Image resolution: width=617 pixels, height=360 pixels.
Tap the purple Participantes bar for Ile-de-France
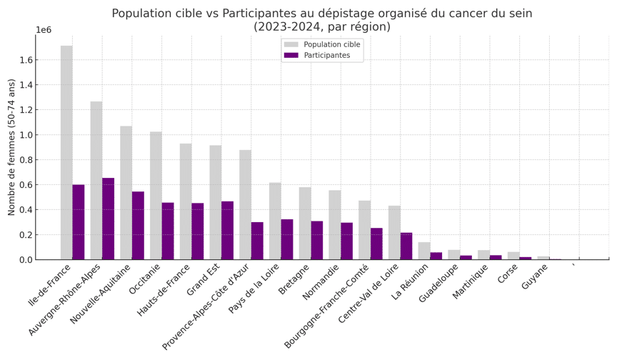pyautogui.click(x=79, y=222)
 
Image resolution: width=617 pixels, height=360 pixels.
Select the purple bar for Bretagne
pyautogui.click(x=317, y=240)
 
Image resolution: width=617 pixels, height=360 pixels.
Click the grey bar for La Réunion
pyautogui.click(x=424, y=251)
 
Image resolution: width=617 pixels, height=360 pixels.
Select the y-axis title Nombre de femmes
pyautogui.click(x=11, y=147)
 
